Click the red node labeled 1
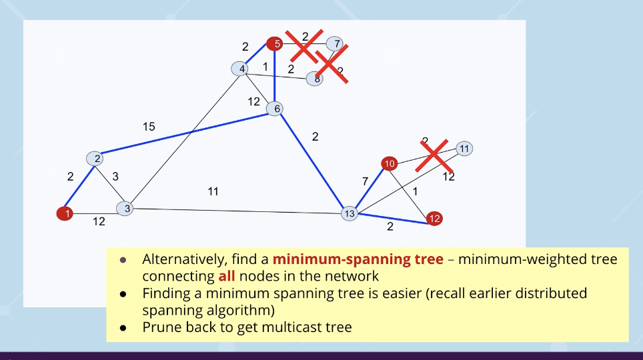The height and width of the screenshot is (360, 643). [x=65, y=213]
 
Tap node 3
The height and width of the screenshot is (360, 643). [x=125, y=209]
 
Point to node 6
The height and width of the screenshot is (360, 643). [x=275, y=109]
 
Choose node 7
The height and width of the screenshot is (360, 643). [x=337, y=44]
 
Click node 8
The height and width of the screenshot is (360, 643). [x=315, y=79]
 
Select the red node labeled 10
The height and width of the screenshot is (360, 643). [x=390, y=163]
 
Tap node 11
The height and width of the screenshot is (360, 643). [x=464, y=149]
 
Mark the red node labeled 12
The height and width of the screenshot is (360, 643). [x=434, y=218]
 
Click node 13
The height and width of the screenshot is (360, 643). [x=350, y=213]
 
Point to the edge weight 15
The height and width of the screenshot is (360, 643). [x=149, y=127]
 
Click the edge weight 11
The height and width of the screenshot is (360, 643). [x=213, y=192]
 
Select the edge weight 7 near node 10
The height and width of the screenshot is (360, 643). [x=365, y=181]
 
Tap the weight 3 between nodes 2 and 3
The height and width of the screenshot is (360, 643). [x=115, y=177]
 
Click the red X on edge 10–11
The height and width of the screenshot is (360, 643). [x=435, y=155]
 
